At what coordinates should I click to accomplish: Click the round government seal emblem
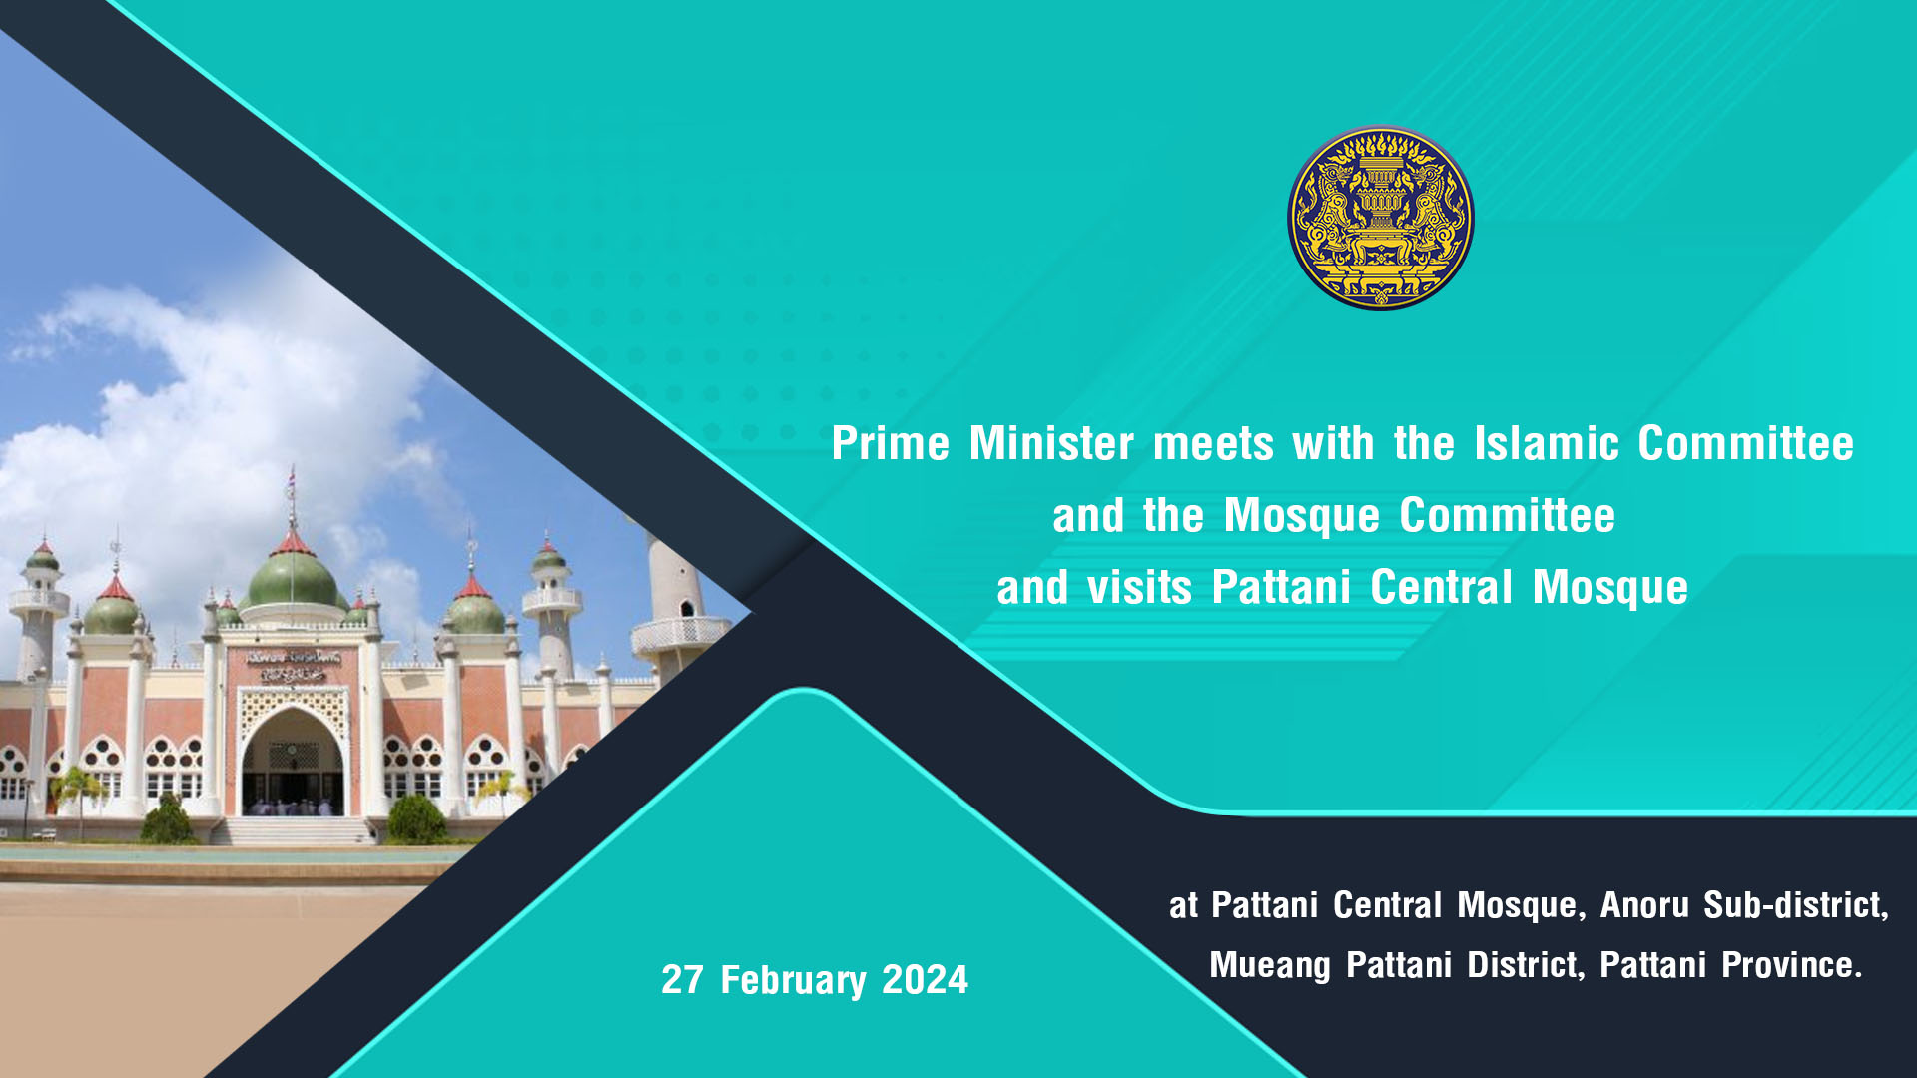tap(1381, 218)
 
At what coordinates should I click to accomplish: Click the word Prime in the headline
tap(891, 443)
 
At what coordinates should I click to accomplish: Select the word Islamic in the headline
tap(1547, 443)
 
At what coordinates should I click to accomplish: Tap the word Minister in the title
tap(1051, 443)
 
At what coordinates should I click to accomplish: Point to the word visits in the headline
tap(1139, 587)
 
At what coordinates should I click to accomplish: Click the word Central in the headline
tap(1442, 587)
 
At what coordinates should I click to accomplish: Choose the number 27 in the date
tap(682, 980)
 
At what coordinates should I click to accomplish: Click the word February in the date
tap(794, 981)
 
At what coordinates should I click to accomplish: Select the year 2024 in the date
tap(926, 980)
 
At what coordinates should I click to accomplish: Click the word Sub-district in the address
tap(1795, 905)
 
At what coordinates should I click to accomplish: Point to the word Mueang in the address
tap(1270, 966)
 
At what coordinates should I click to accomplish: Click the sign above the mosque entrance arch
tap(294, 666)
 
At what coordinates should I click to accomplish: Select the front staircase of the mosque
tap(292, 830)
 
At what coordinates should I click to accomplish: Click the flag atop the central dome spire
tap(291, 483)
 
